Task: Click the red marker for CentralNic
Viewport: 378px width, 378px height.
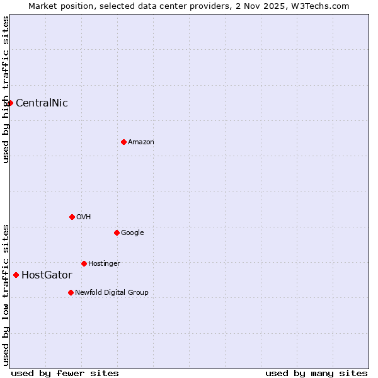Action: tap(10, 103)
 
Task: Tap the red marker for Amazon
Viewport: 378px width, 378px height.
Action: tap(123, 142)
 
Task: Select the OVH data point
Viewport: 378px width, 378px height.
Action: tap(72, 217)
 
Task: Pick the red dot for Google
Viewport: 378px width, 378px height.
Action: tap(117, 232)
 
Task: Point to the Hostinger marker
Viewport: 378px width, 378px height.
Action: tap(84, 263)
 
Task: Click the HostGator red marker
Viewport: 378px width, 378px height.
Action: tap(16, 275)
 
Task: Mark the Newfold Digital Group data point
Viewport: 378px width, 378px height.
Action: tap(71, 292)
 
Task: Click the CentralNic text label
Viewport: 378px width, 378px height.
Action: tap(42, 103)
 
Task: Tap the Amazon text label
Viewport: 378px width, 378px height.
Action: tap(141, 142)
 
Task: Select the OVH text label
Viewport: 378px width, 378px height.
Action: tap(84, 217)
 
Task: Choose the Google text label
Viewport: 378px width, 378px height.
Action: tap(132, 233)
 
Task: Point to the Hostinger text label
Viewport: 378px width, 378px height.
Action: tap(104, 263)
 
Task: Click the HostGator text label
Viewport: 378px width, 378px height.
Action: tap(47, 275)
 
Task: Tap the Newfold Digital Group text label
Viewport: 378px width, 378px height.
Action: tap(112, 292)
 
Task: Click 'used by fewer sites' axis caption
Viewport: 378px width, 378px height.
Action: tap(65, 374)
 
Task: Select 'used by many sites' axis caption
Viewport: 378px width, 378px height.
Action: tap(316, 374)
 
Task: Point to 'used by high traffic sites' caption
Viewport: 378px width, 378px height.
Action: tap(6, 89)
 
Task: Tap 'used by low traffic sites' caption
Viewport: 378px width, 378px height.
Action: tap(6, 295)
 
